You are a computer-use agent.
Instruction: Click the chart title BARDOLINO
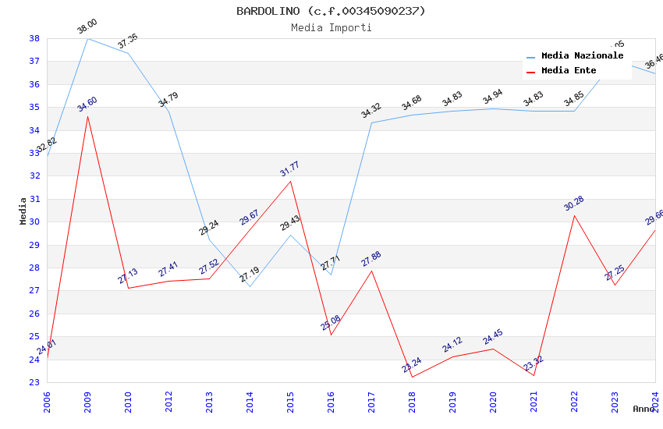(331, 11)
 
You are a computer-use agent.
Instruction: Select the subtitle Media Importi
(331, 27)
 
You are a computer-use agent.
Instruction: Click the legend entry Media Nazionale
(582, 55)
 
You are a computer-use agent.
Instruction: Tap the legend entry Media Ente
(569, 70)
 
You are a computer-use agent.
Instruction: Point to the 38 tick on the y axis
(34, 38)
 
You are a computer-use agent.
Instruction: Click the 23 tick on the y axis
(34, 382)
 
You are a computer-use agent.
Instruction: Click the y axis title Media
(23, 211)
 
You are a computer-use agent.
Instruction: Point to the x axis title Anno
(643, 409)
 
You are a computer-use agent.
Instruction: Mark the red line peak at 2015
(290, 181)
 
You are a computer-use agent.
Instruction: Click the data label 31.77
(290, 169)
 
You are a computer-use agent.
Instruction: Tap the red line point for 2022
(574, 215)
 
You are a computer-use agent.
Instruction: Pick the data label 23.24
(412, 365)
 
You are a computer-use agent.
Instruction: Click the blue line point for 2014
(250, 286)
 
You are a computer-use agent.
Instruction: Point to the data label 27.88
(371, 259)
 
